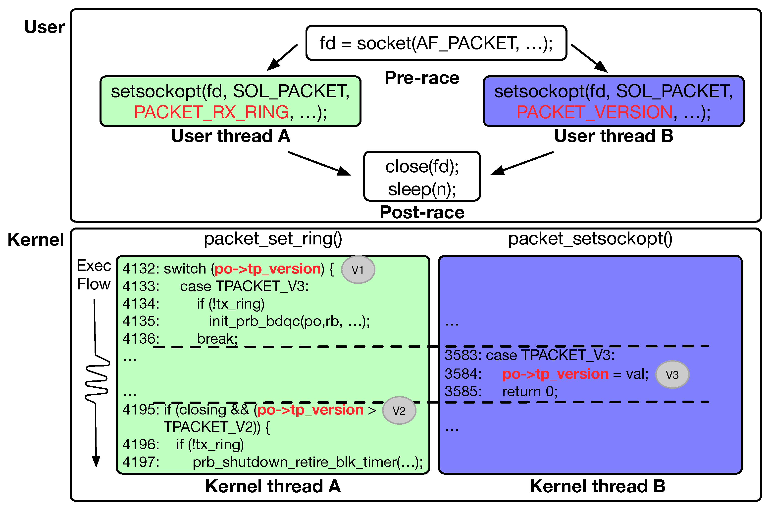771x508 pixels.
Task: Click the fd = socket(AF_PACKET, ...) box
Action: point(436,43)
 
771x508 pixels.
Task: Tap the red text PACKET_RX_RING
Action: point(211,112)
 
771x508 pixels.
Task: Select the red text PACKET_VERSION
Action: point(594,112)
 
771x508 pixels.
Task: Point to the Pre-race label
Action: point(422,78)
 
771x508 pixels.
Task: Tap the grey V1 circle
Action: point(358,270)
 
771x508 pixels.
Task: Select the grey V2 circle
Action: point(399,411)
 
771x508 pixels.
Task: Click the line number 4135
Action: point(140,321)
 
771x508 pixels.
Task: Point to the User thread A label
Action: point(230,136)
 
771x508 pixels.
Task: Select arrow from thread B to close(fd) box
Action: point(521,163)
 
